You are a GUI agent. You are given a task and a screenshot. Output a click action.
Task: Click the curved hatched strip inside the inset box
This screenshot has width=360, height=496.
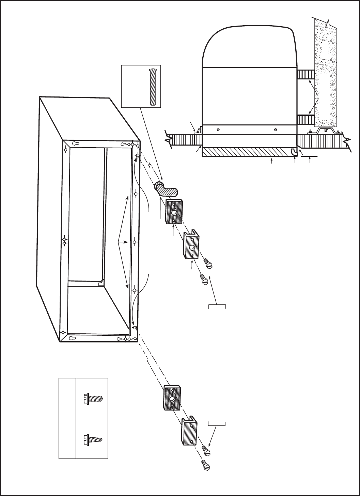[152, 87]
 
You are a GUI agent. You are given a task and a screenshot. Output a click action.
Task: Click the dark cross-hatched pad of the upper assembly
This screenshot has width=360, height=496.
[174, 211]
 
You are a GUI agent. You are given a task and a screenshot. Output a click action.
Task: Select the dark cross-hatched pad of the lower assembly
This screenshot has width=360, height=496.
[172, 398]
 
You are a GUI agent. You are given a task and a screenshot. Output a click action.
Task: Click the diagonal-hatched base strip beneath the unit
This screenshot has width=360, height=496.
[245, 152]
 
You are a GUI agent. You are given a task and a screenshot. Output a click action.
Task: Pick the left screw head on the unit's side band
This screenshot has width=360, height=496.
[218, 130]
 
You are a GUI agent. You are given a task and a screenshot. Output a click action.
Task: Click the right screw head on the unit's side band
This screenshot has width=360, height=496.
[276, 130]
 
